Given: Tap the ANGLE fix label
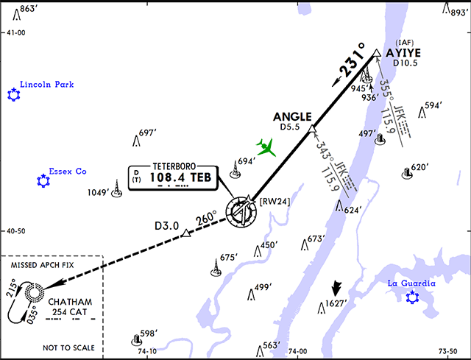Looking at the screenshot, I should pos(292,116).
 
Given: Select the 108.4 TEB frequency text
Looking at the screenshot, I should pos(177,177).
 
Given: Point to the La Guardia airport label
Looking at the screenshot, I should pos(412,283).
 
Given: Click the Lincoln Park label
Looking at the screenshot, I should pos(52,85).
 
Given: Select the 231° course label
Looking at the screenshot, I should pos(350,64).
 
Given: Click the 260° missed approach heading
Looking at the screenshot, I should pos(207,219).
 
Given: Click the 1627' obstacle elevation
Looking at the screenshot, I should pos(336,303).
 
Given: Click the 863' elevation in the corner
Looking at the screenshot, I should pos(28,8).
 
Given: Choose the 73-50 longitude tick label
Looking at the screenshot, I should pos(448,352).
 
